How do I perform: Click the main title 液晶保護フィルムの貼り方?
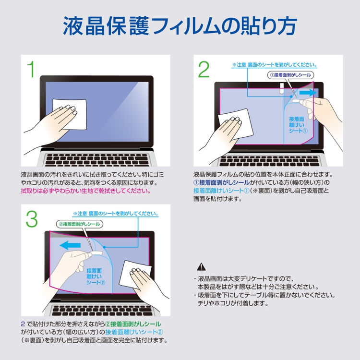[180, 26]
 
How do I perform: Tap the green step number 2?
[204, 70]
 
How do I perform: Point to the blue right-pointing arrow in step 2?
[308, 92]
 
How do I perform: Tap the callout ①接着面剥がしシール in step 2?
[290, 75]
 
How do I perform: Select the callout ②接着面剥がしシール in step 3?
[80, 224]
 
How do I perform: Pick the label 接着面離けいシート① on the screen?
[297, 125]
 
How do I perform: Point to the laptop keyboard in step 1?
[96, 158]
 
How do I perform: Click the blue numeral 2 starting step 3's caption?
[23, 324]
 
